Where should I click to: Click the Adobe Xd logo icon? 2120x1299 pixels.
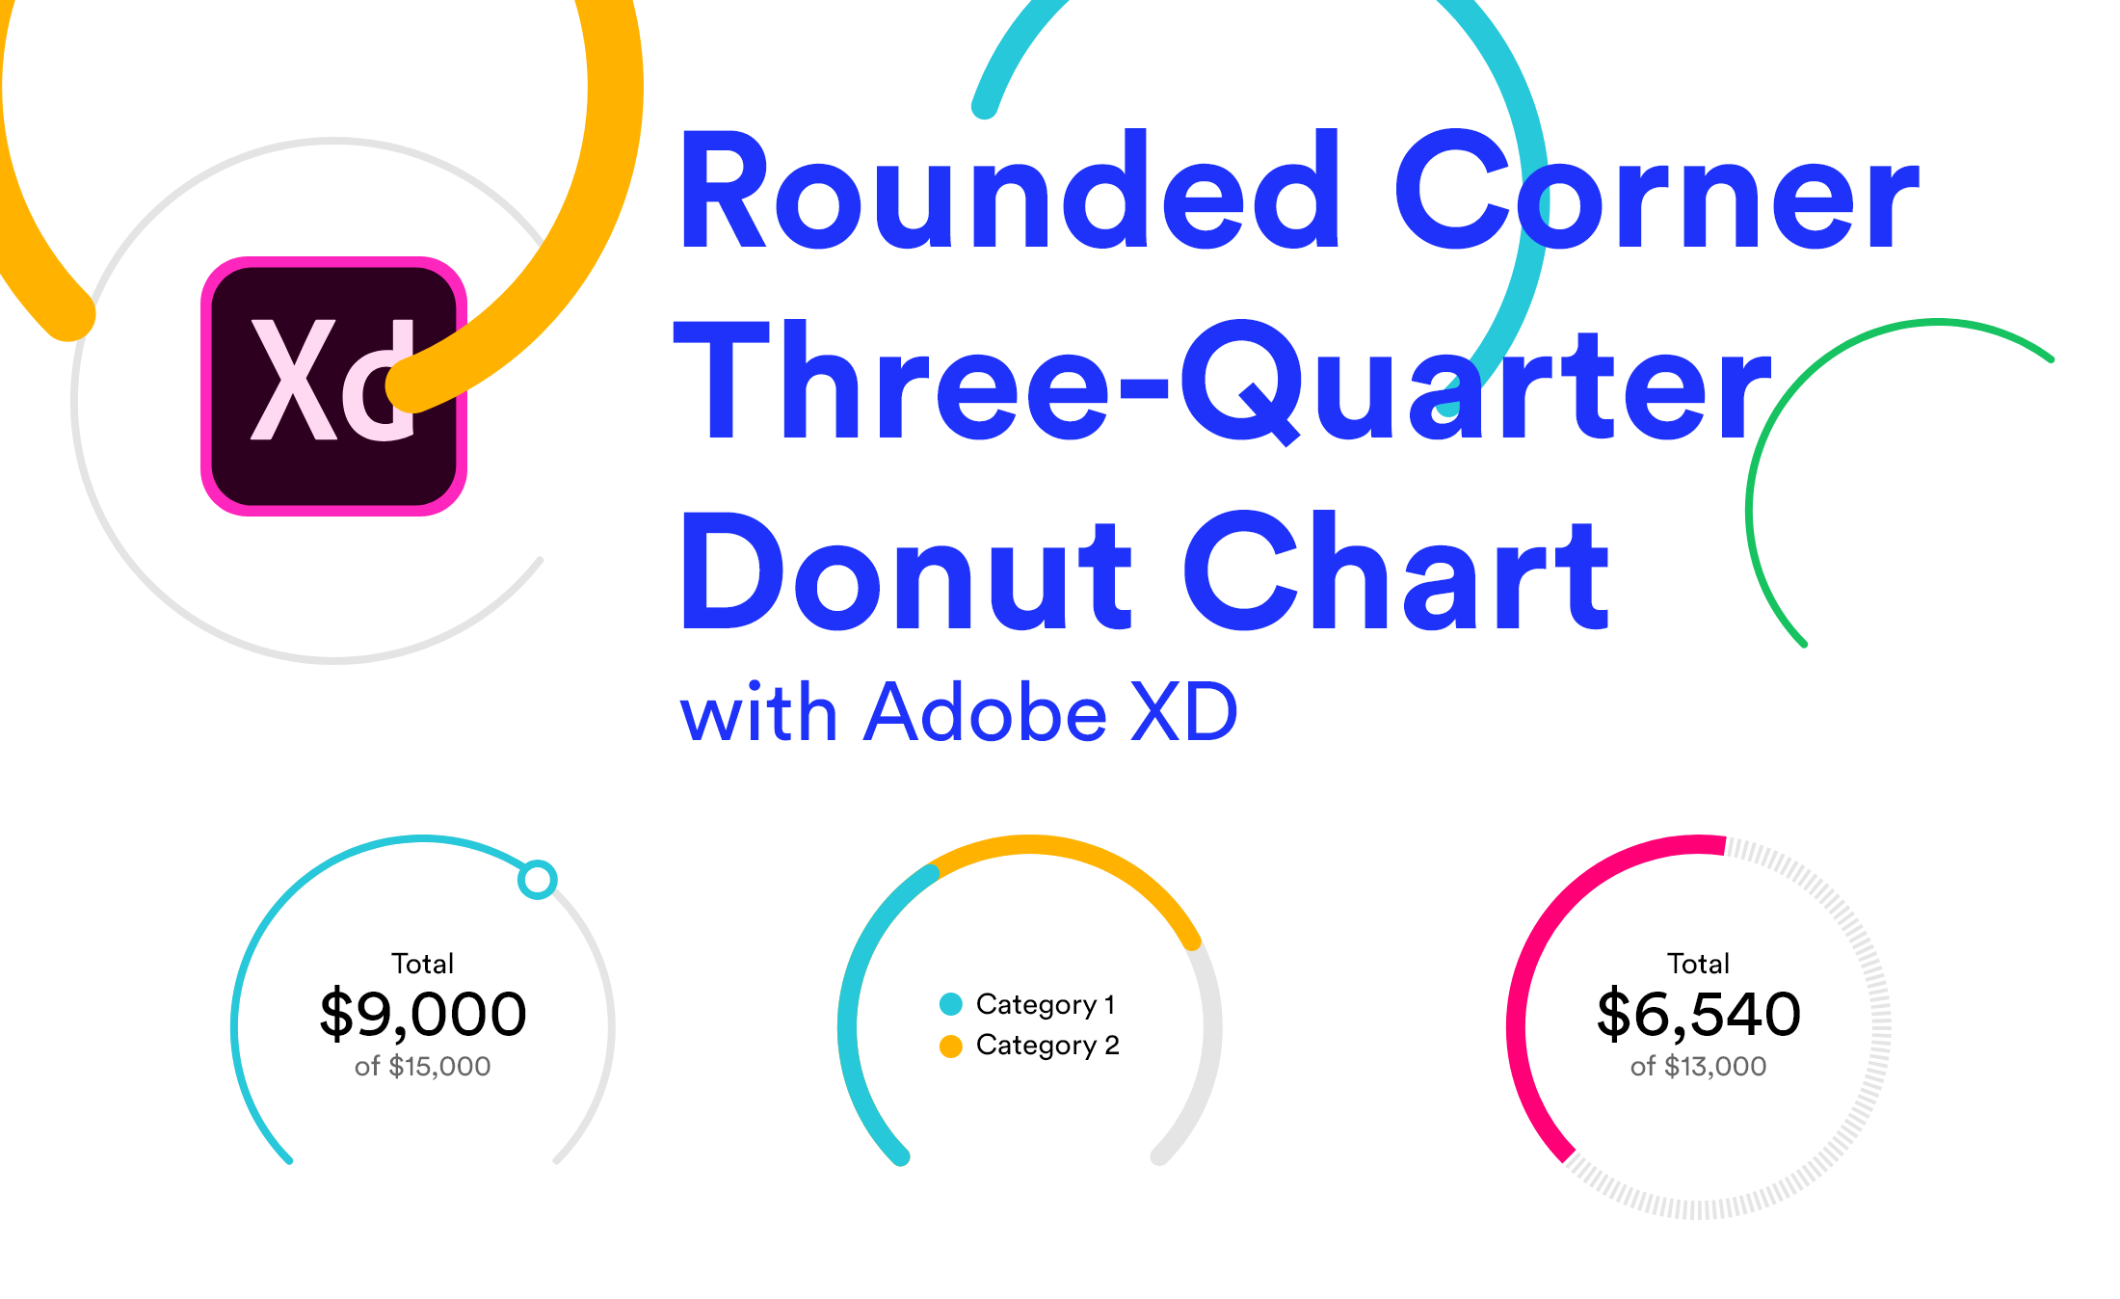333,385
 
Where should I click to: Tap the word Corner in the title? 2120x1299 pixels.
1656,193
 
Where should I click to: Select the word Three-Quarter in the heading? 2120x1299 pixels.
1222,383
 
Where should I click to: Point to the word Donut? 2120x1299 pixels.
906,572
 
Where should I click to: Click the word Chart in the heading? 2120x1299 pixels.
1395,572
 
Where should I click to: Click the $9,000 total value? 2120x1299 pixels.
423,1014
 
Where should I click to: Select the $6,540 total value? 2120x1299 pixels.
1698,1014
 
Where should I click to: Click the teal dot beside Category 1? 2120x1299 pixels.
951,1004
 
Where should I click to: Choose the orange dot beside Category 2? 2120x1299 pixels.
951,1046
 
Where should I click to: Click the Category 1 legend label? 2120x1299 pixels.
1046,1004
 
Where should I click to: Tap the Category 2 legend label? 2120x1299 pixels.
1047,1046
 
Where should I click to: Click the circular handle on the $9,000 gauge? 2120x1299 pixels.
538,879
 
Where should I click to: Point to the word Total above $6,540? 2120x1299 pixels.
1698,964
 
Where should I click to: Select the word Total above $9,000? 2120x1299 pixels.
423,964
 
